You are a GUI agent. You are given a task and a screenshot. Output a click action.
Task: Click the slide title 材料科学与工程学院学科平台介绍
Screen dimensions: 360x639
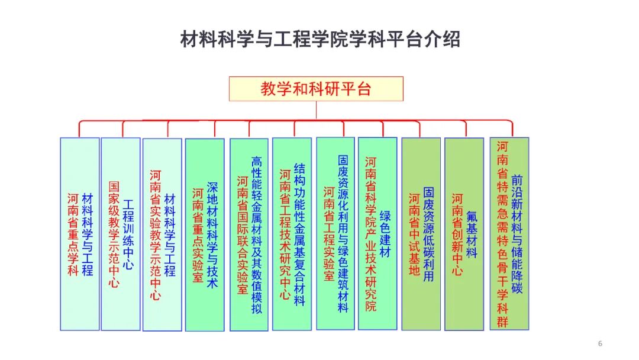319,40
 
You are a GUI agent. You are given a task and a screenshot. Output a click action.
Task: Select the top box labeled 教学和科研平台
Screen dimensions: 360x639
316,89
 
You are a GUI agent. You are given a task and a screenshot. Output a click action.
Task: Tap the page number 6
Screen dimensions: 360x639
600,344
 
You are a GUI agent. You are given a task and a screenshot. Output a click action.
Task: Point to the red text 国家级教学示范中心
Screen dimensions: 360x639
114,234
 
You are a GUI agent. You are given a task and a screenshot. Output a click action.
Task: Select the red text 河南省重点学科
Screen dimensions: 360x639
73,234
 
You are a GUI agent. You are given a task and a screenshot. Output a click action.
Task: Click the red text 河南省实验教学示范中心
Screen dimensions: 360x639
156,235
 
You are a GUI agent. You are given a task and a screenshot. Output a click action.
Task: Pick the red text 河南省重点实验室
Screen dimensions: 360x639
198,235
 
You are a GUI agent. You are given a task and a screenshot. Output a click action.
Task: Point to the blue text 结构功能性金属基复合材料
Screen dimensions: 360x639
299,234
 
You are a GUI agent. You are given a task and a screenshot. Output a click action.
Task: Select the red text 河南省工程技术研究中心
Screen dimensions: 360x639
285,234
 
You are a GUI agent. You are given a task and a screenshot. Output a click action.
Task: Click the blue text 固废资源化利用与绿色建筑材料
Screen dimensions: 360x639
343,234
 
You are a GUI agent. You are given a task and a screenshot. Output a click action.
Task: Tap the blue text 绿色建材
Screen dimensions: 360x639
385,234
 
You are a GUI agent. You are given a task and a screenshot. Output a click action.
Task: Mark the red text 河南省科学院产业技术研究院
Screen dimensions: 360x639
371,234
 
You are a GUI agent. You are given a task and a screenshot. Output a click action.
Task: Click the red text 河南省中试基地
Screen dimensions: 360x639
415,234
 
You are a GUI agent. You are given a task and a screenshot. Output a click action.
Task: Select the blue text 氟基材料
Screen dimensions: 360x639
472,234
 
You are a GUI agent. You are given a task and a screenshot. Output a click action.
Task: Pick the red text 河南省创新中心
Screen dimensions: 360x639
457,234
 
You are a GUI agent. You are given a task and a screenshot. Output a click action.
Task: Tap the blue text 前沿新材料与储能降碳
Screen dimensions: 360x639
517,234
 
